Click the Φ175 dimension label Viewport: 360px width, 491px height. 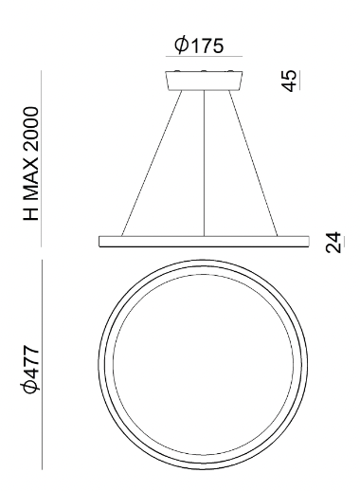[199, 45]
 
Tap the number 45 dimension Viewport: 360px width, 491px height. [290, 81]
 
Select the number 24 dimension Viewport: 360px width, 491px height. [333, 243]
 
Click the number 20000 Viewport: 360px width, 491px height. [31, 131]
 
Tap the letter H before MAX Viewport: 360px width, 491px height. [31, 214]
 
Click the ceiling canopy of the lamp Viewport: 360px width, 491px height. [204, 81]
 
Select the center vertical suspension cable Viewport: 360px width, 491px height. [204, 163]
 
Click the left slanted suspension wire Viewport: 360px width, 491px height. [152, 163]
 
